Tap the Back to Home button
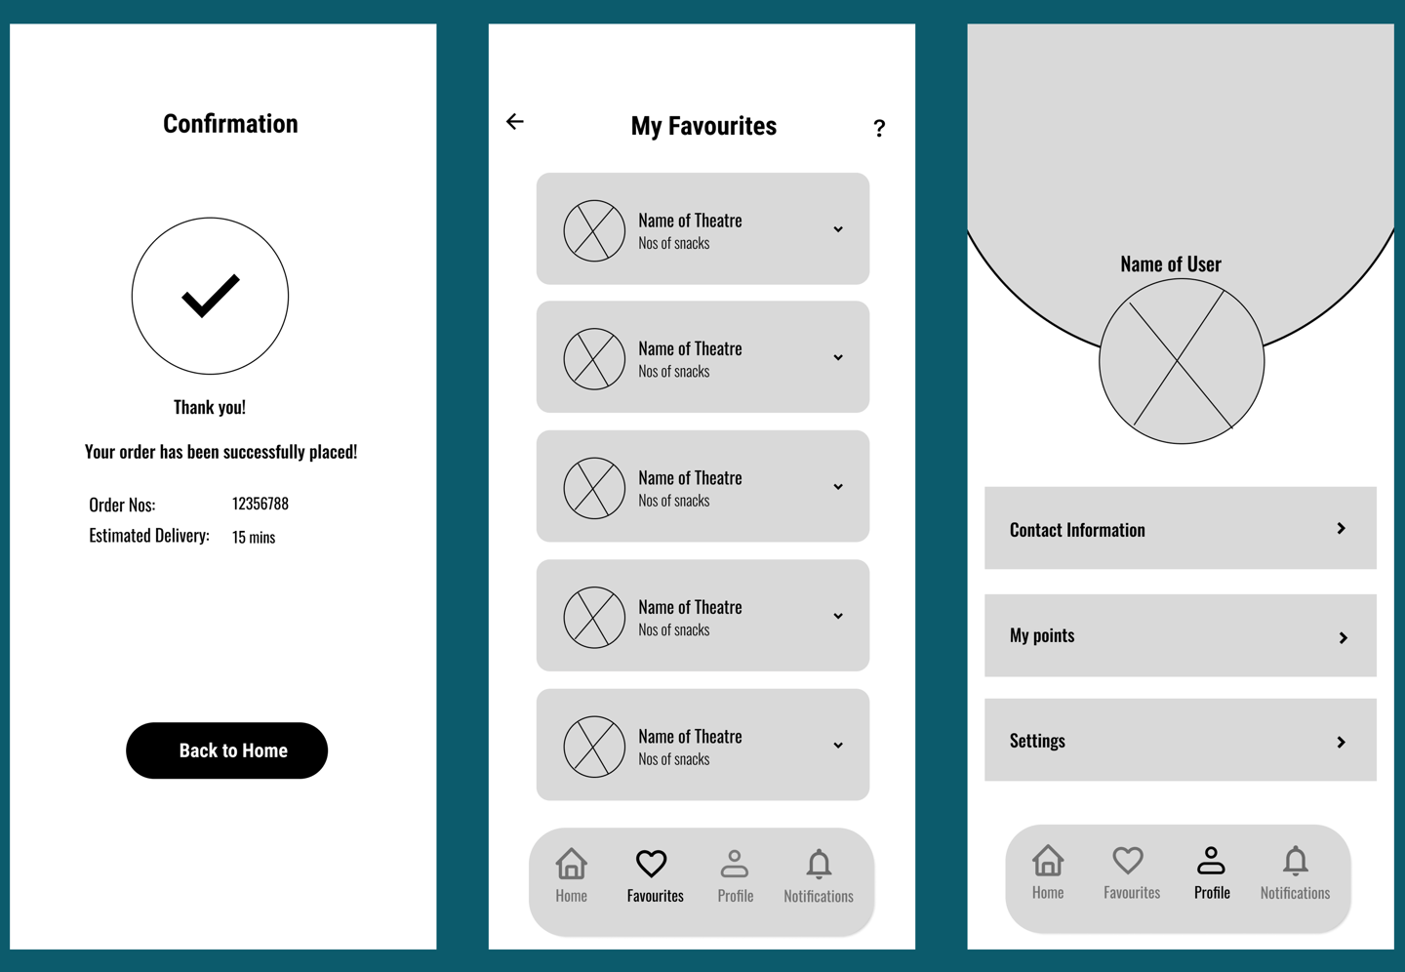tap(226, 750)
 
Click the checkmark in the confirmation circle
tap(210, 296)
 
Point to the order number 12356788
tap(260, 504)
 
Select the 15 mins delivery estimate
tap(254, 537)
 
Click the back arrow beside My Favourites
tap(515, 121)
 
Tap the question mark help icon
tap(879, 128)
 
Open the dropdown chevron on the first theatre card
tap(838, 229)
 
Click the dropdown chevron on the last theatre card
tap(838, 746)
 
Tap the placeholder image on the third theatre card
tap(594, 488)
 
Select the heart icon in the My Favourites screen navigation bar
tap(651, 864)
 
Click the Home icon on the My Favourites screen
tap(572, 864)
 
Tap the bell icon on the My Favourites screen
tap(819, 864)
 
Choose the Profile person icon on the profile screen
tap(1211, 860)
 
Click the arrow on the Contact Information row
tap(1342, 528)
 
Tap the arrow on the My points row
tap(1344, 637)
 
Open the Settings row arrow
tap(1342, 742)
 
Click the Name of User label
tap(1170, 263)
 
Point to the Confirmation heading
tap(230, 124)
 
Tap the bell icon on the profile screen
tap(1295, 860)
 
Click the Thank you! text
tap(210, 407)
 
